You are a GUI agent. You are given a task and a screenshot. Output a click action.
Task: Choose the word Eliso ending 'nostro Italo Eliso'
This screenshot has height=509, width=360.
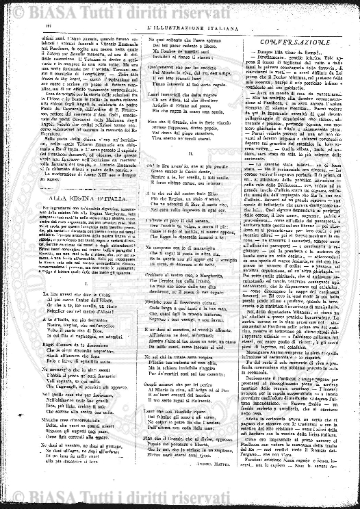(x=219, y=195)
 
